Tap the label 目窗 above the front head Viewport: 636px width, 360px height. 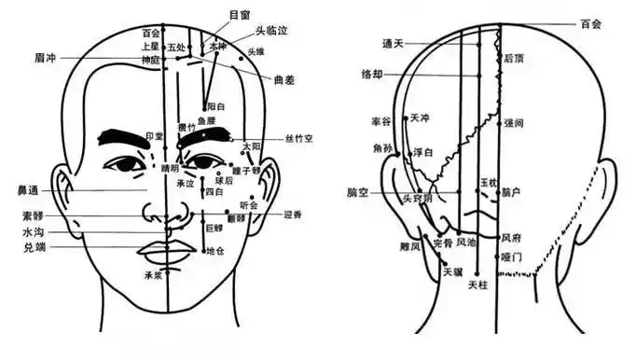click(240, 16)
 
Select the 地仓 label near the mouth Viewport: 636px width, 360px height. click(215, 251)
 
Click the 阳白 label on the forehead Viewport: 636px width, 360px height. click(214, 108)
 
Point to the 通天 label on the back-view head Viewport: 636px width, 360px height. click(393, 43)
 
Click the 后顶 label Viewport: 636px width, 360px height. click(513, 58)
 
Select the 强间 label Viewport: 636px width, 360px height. click(513, 123)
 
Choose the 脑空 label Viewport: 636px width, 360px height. click(357, 193)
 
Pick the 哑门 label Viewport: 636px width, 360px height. click(511, 256)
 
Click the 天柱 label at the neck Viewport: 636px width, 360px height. click(477, 284)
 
